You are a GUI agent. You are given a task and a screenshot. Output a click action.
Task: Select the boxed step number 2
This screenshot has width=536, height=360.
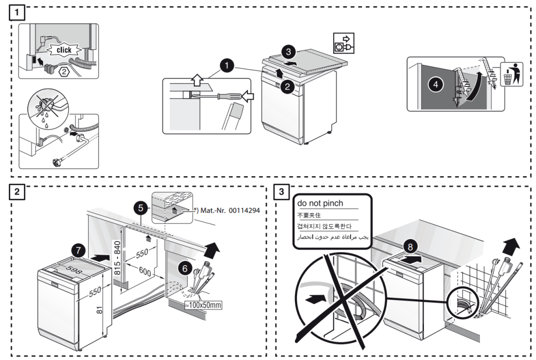point(17,192)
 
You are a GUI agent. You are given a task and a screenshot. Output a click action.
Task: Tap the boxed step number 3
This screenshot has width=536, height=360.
point(282,192)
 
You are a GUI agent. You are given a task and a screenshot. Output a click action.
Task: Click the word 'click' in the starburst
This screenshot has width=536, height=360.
point(64,50)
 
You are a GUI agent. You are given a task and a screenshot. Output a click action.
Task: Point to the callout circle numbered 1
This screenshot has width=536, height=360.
point(226,66)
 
